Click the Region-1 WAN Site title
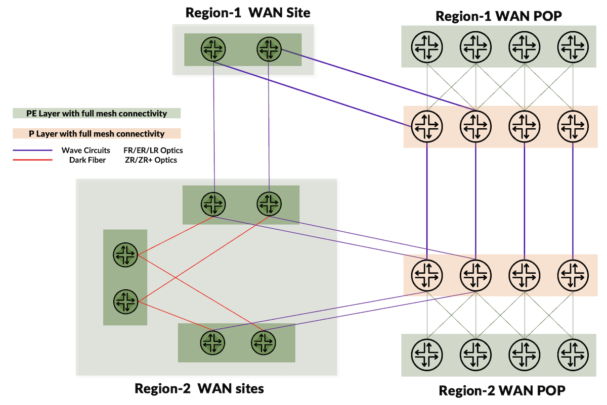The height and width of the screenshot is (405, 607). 247,13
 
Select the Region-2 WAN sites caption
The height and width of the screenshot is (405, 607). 199,389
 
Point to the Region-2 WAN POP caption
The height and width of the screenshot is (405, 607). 501,390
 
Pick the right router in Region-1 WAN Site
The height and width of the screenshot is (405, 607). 269,48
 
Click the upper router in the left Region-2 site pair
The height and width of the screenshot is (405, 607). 125,255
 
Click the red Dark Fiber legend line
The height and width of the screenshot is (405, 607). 33,160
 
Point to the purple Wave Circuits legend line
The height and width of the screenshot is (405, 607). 33,150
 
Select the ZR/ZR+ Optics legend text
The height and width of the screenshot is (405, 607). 150,160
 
